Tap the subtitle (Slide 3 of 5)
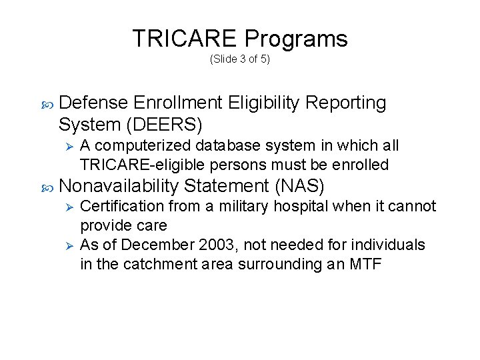point(239,59)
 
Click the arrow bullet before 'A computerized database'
point(66,146)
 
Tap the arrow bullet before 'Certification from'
point(66,207)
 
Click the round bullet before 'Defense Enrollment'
point(45,104)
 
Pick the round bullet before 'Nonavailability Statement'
point(45,185)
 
